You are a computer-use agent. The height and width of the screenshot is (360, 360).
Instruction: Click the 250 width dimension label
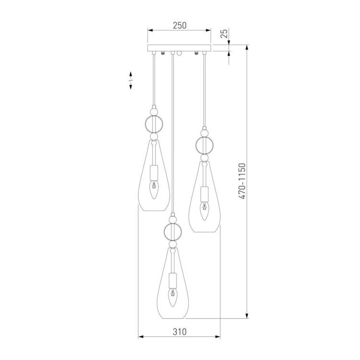(180, 25)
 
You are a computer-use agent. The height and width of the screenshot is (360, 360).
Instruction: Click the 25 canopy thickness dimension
(225, 33)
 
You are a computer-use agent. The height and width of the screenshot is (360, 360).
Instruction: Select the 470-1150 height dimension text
(242, 181)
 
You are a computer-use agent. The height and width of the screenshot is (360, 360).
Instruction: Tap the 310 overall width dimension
(180, 332)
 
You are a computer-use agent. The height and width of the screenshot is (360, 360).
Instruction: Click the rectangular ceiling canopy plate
(179, 48)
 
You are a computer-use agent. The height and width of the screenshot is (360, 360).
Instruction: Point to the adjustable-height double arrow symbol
(131, 80)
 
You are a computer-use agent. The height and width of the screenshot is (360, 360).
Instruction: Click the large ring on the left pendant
(154, 124)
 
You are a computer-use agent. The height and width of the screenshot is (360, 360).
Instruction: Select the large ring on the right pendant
(204, 145)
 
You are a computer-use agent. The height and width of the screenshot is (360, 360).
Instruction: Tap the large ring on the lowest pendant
(173, 231)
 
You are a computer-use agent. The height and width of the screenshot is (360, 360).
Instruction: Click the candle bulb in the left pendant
(154, 190)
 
